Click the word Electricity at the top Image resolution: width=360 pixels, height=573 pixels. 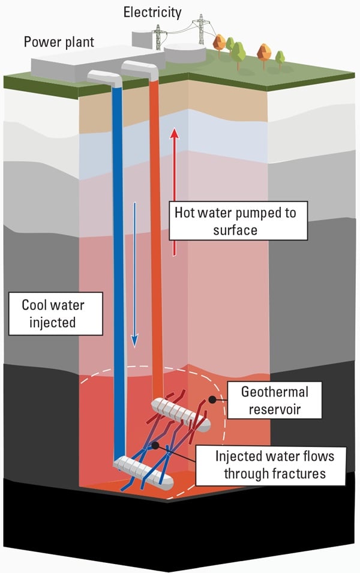point(152,11)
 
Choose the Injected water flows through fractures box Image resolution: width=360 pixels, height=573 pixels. point(275,464)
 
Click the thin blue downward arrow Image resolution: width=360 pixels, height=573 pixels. point(135,276)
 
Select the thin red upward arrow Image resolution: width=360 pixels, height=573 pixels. point(175,192)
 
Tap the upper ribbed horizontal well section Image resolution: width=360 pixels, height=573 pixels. point(180,414)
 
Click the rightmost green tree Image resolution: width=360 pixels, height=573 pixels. point(280,58)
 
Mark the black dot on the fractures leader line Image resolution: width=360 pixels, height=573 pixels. point(155,445)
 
